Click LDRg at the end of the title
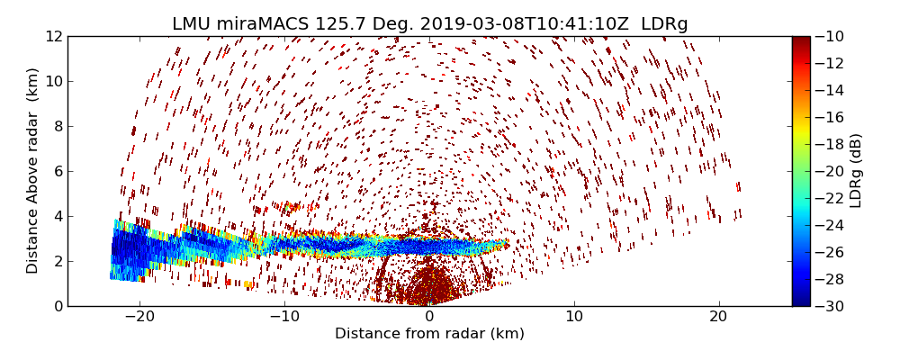point(664,24)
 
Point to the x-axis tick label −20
point(139,317)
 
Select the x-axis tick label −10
point(284,317)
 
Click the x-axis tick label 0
point(429,317)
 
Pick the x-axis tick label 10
point(574,317)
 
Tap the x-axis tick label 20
point(718,317)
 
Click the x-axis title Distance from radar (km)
point(429,334)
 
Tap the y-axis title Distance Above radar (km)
point(33,171)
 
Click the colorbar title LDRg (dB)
point(856,171)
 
